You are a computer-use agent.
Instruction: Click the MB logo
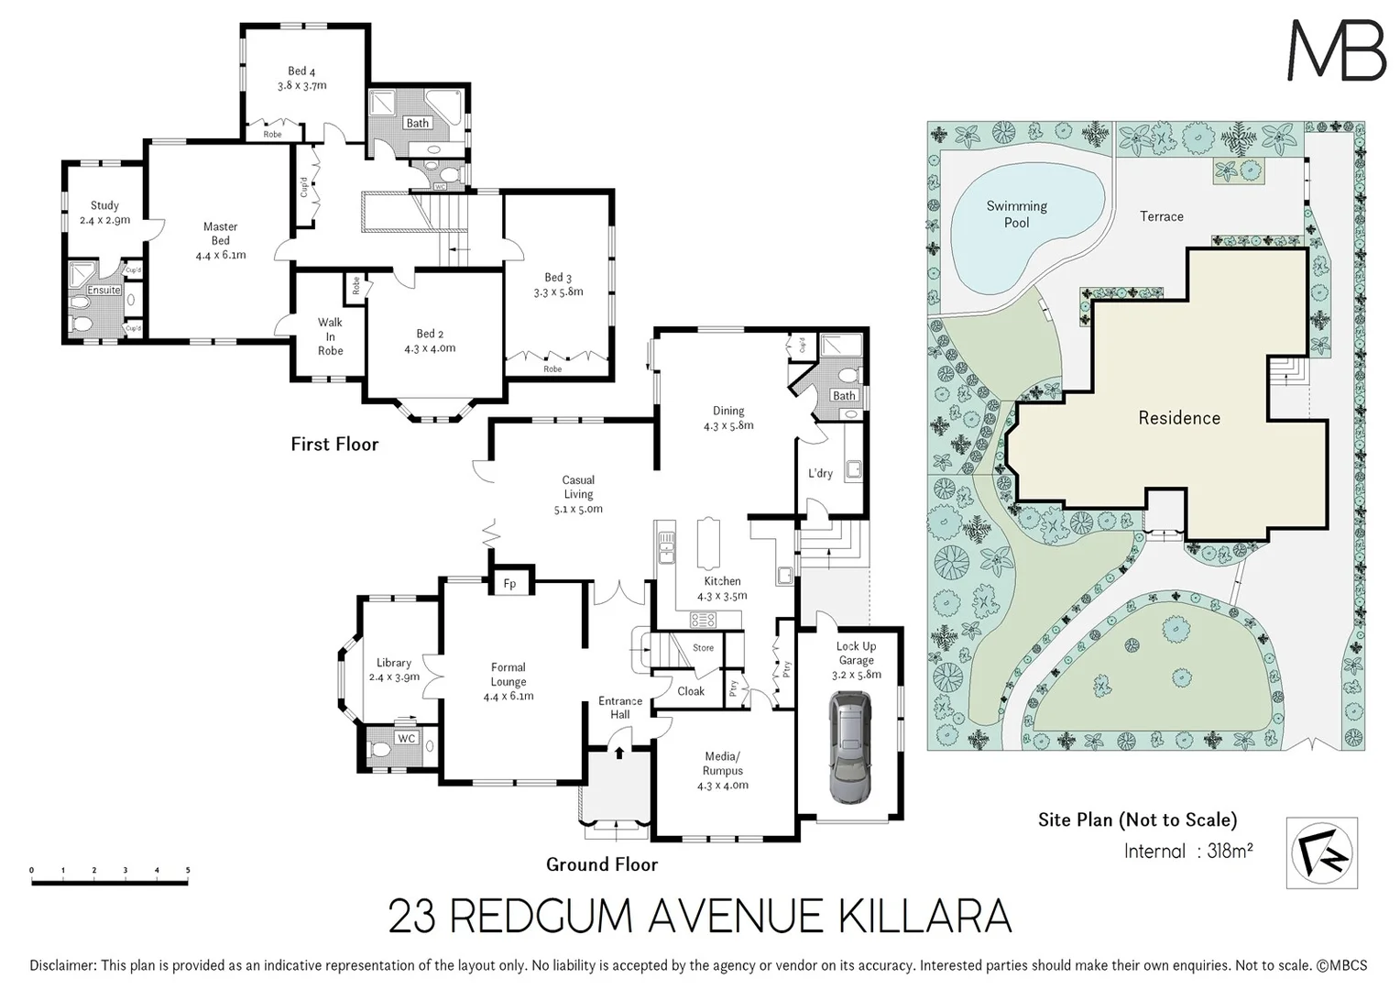click(x=1337, y=50)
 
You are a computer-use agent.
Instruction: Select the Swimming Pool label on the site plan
click(x=1016, y=214)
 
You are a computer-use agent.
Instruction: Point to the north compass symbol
click(x=1321, y=853)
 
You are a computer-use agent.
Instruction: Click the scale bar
click(x=110, y=882)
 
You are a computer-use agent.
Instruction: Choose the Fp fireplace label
click(x=510, y=584)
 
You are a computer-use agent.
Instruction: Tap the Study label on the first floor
click(x=104, y=206)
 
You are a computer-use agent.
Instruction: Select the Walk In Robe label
click(x=330, y=336)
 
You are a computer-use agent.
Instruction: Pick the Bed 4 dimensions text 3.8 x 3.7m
click(x=302, y=85)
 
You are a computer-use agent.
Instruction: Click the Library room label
click(x=394, y=663)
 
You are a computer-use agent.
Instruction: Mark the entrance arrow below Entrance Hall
click(x=619, y=753)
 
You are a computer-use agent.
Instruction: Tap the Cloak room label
click(x=691, y=691)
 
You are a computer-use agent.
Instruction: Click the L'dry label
click(x=820, y=474)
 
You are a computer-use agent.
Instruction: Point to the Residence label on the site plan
click(x=1179, y=418)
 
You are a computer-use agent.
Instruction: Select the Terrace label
click(x=1161, y=216)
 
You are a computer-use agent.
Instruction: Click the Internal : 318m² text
click(x=1188, y=852)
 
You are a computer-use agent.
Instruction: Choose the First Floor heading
click(x=334, y=445)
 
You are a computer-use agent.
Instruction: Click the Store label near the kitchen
click(x=703, y=648)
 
